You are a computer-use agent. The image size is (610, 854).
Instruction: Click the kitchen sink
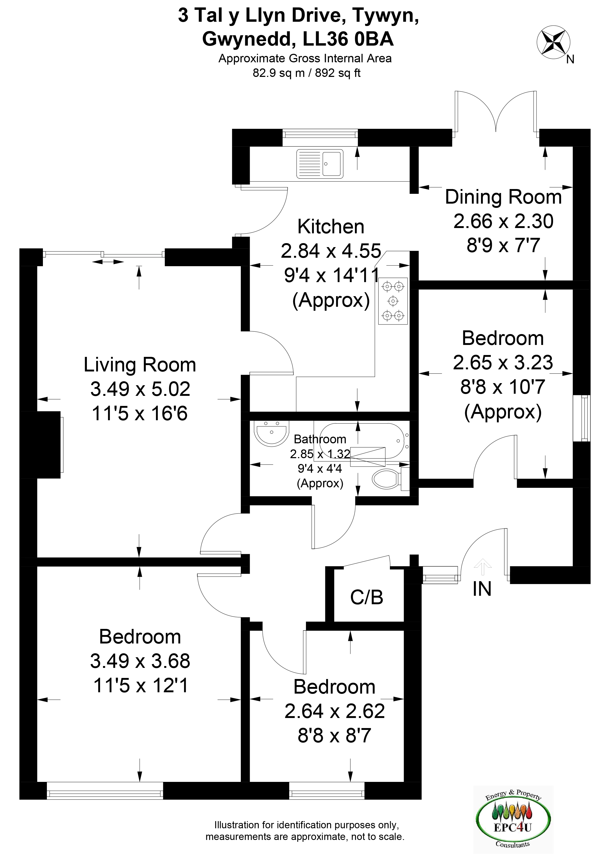click(x=320, y=164)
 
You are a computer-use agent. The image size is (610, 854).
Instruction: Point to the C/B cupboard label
click(x=367, y=597)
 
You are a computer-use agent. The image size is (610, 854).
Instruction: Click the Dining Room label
click(x=503, y=197)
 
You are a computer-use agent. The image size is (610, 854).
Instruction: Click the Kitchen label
click(x=331, y=227)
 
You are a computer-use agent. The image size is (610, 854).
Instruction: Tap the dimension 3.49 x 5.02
click(x=140, y=389)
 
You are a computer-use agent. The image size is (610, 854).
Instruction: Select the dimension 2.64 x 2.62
click(x=335, y=711)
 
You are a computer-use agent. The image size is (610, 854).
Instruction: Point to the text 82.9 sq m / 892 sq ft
click(x=306, y=73)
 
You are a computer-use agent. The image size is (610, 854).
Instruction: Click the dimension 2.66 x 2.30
click(x=503, y=221)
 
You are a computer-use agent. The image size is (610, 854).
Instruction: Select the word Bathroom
click(x=320, y=439)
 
